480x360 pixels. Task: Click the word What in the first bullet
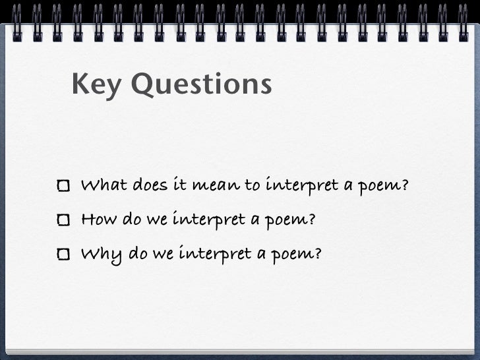[x=104, y=185]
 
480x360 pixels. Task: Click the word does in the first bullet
[x=151, y=185]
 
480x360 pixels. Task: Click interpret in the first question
[x=301, y=186]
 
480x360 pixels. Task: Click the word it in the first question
[x=181, y=185]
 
